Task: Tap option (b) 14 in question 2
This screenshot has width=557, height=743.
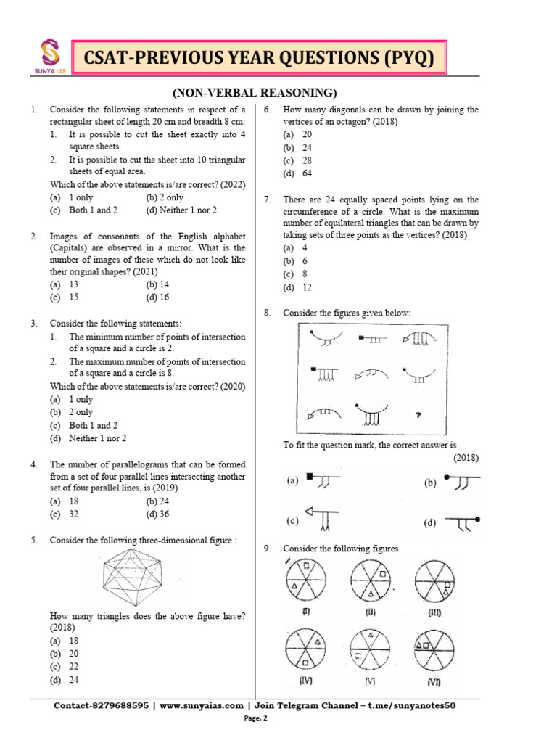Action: pyautogui.click(x=162, y=285)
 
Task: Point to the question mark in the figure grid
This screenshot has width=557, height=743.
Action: pyautogui.click(x=418, y=416)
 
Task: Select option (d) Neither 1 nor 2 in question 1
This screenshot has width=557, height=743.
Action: pyautogui.click(x=181, y=210)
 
